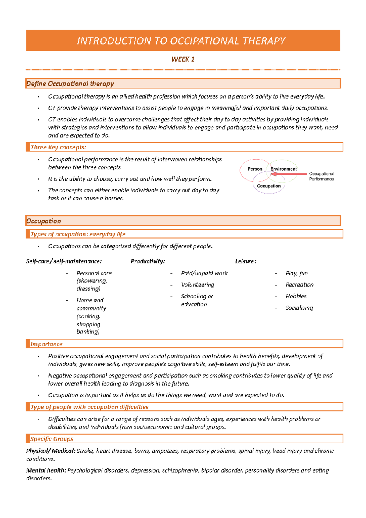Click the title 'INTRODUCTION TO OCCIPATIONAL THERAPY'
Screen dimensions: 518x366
[x=181, y=41]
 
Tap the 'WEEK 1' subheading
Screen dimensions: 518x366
[x=183, y=59]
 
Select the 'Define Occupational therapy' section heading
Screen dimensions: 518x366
[x=70, y=84]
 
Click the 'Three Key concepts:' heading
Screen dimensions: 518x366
[x=58, y=147]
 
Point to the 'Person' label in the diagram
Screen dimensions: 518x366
[x=255, y=169]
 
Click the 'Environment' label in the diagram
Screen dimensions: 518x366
[x=283, y=169]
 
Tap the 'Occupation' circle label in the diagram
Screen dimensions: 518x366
[x=268, y=186]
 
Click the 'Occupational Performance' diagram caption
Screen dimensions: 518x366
[x=321, y=176]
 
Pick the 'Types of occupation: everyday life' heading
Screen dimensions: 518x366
[x=78, y=234]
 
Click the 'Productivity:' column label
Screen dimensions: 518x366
[x=148, y=261]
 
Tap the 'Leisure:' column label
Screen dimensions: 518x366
[x=246, y=261]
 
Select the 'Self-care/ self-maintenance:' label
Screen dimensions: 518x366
[x=64, y=261]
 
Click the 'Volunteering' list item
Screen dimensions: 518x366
[x=197, y=285]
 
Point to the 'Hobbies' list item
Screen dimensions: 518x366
[x=296, y=296]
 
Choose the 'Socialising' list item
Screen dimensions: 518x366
[x=299, y=308]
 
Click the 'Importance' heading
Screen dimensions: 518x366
[x=46, y=344]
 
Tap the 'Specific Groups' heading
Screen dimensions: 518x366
[x=52, y=439]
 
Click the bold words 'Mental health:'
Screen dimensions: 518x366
[x=46, y=470]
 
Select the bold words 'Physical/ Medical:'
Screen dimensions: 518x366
[x=51, y=451]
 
